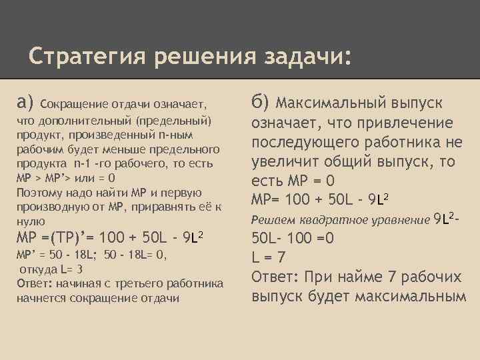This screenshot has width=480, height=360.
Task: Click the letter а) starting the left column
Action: [25, 102]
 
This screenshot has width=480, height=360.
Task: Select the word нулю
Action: [31, 221]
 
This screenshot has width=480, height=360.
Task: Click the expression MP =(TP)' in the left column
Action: [53, 238]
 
